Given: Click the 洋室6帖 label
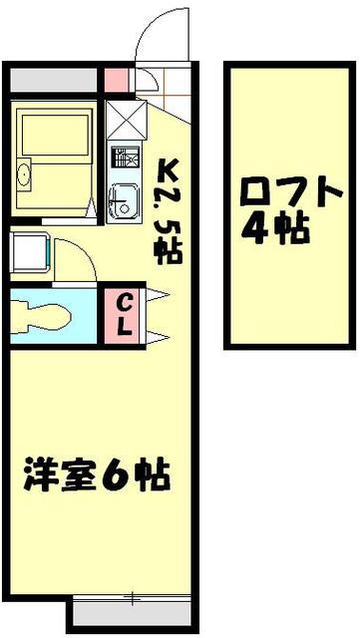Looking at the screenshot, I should point(97,474).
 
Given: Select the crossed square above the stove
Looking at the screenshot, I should point(126,121).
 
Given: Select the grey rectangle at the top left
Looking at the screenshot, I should point(55,78).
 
